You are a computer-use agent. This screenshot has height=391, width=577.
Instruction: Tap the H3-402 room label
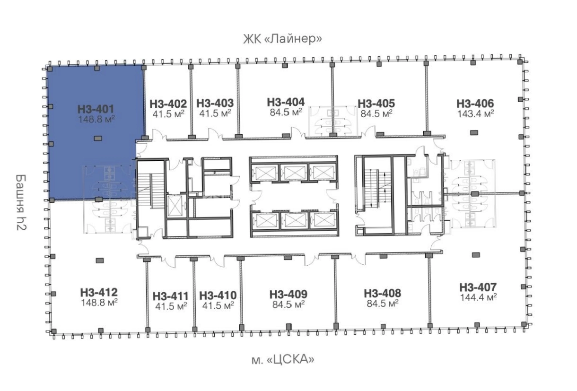(x=168, y=104)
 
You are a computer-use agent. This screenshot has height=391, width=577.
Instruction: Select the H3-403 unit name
(x=215, y=103)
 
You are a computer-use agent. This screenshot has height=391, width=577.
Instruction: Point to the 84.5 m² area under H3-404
(x=286, y=113)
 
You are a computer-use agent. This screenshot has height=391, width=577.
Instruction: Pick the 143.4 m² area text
(x=475, y=113)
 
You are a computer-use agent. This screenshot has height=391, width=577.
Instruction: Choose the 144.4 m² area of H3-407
(x=478, y=297)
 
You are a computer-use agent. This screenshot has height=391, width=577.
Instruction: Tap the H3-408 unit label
(x=383, y=293)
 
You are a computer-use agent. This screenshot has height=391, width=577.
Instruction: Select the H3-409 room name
(x=288, y=294)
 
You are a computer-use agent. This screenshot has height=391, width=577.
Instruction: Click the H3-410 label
(x=218, y=295)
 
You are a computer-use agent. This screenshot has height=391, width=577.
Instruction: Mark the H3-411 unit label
(x=171, y=296)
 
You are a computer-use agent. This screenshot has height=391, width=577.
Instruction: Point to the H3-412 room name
(x=99, y=292)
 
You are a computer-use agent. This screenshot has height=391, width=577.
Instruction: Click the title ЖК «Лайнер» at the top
(x=282, y=39)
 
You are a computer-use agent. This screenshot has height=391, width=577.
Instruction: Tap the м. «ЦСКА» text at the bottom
(x=283, y=359)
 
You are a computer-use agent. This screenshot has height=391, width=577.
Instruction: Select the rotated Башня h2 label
(x=21, y=202)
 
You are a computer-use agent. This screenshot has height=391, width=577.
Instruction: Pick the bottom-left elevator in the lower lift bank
(x=265, y=220)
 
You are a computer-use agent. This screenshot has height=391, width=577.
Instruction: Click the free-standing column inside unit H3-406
(x=474, y=133)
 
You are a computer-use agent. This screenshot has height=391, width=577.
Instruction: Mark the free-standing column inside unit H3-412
(x=100, y=261)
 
